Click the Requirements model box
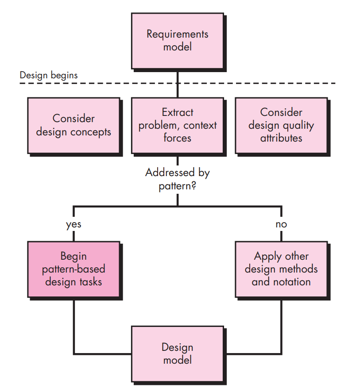[177, 40]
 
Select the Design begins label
[49, 75]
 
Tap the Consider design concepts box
[74, 125]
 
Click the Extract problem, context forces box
[177, 125]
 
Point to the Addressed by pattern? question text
[177, 179]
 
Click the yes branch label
[74, 224]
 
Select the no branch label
[281, 224]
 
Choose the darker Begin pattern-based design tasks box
[74, 269]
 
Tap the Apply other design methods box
[281, 269]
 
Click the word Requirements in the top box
[177, 34]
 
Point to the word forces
[177, 138]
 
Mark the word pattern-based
[74, 269]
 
